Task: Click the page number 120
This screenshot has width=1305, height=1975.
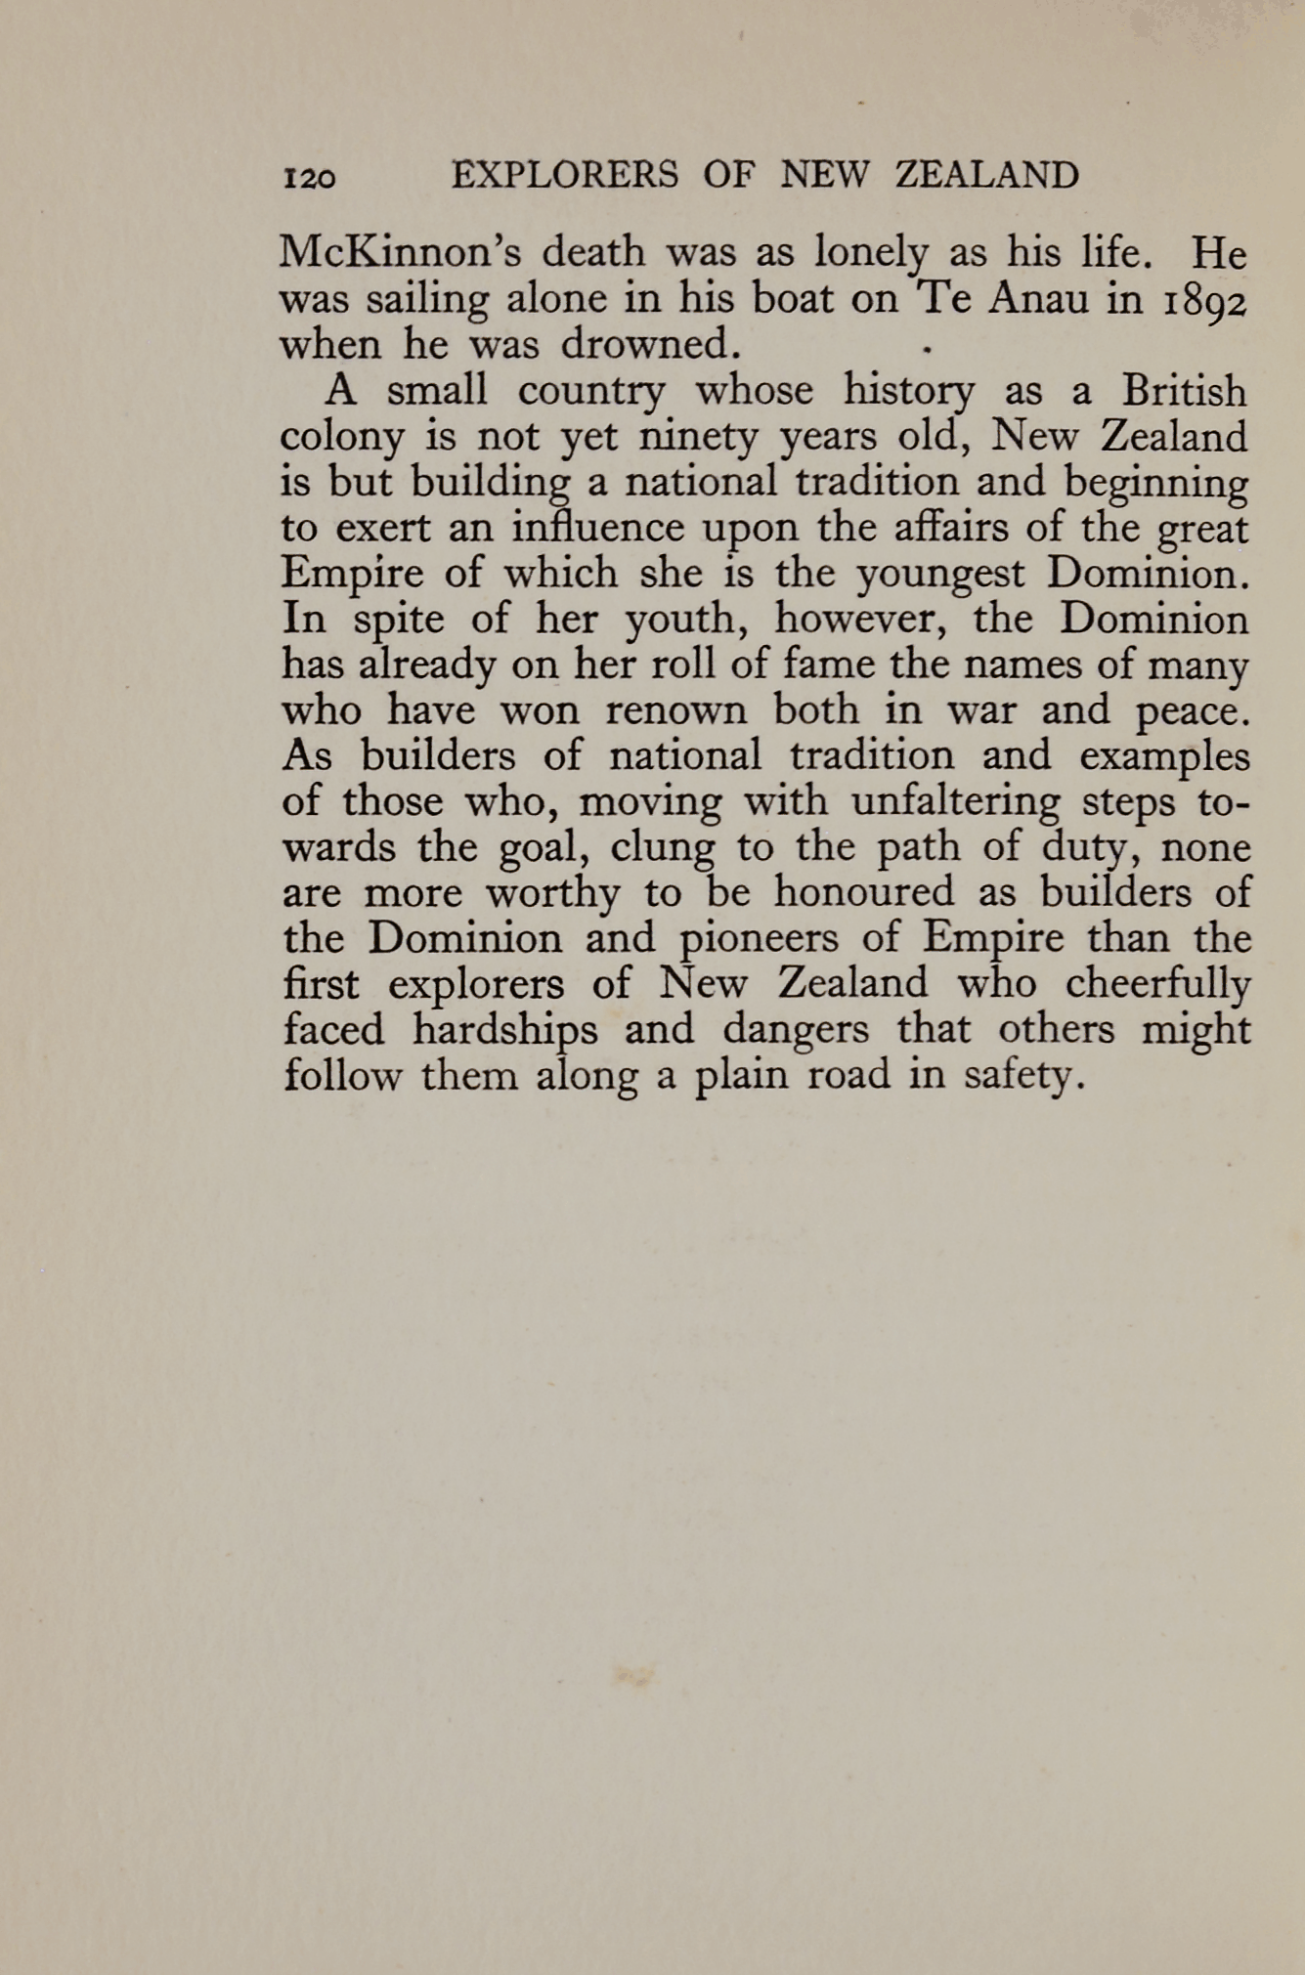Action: coord(309,178)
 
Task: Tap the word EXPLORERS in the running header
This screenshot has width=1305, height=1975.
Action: coord(565,176)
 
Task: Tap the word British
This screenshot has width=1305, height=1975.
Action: coord(1184,391)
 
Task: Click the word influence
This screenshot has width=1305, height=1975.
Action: coord(597,528)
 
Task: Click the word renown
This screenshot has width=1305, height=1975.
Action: coord(675,710)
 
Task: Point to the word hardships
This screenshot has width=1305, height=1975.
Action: coord(504,1030)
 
